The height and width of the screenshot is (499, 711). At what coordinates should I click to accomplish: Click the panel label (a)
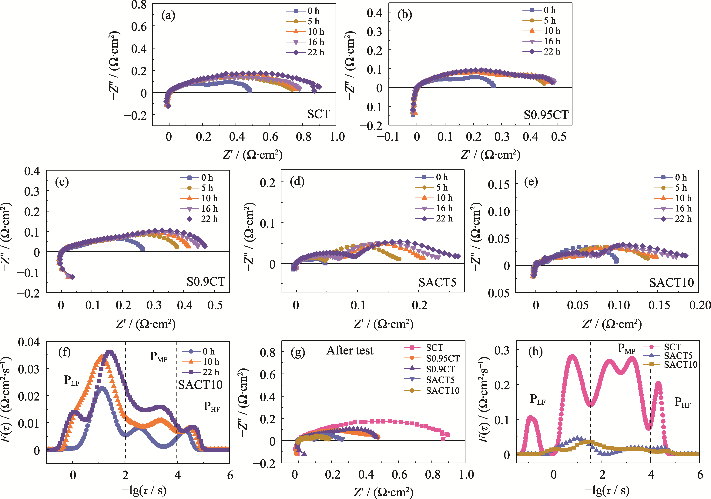coord(168,15)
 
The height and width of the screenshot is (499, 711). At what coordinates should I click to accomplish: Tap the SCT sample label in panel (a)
coord(318,114)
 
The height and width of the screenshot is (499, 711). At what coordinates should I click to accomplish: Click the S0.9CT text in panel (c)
coord(206,282)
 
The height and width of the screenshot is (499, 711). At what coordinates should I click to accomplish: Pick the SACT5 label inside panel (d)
coord(437,282)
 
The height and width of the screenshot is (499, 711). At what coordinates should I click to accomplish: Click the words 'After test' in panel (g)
coord(350,350)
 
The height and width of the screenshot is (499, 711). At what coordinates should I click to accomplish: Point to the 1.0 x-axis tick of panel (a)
coord(337,137)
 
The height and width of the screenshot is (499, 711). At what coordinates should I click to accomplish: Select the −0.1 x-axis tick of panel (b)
coord(388,137)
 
